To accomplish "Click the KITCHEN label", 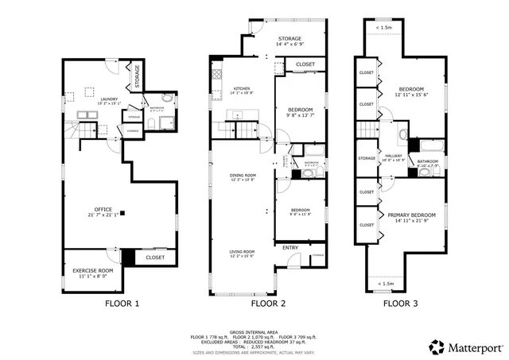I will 243,90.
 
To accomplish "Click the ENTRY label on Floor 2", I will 291,247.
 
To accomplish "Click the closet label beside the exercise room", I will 156,257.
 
